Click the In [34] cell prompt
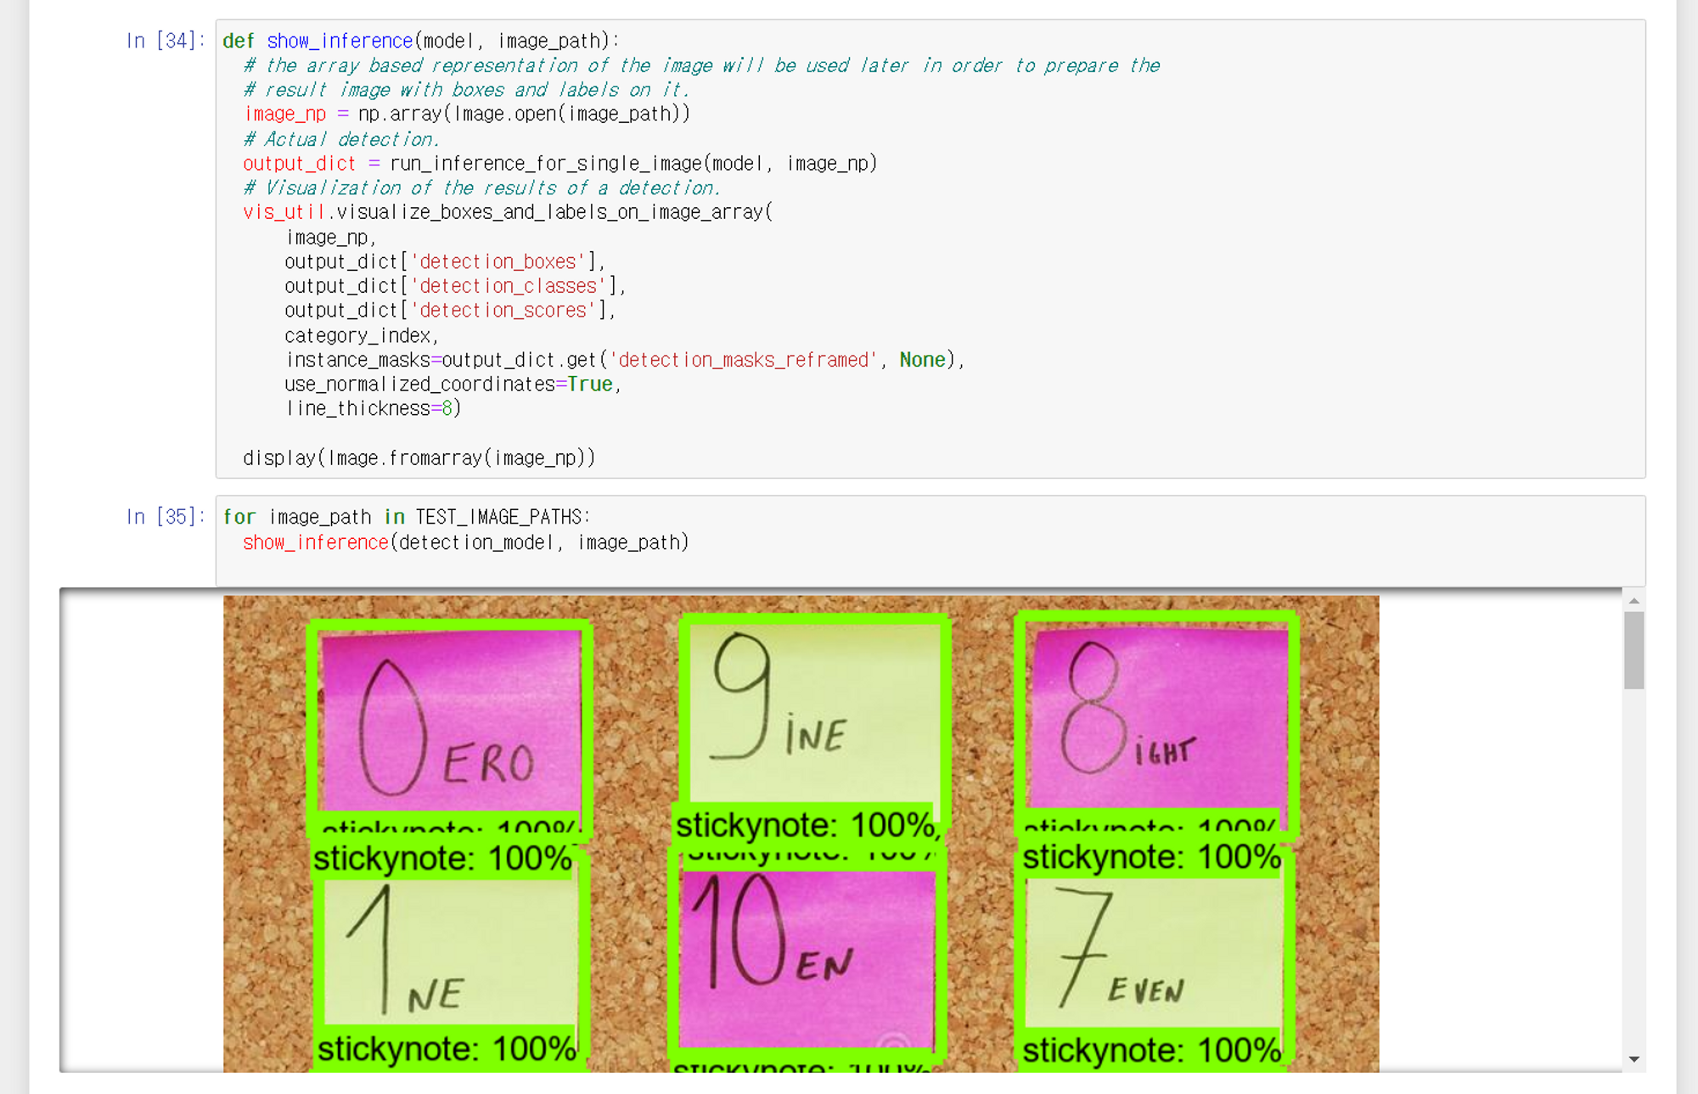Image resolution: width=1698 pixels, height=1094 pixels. (x=165, y=41)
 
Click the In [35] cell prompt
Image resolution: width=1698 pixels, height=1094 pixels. (x=165, y=517)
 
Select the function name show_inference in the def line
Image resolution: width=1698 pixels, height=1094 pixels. (x=340, y=41)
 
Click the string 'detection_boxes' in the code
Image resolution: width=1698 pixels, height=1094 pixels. (x=498, y=261)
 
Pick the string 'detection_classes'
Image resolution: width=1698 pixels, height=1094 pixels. (x=509, y=286)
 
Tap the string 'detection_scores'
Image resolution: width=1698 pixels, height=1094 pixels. (x=503, y=311)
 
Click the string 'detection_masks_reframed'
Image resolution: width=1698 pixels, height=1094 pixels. (x=743, y=360)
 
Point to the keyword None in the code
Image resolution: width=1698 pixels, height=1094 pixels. (x=922, y=360)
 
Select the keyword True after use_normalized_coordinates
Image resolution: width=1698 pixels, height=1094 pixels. (x=590, y=384)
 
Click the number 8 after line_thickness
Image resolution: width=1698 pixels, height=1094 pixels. (x=447, y=409)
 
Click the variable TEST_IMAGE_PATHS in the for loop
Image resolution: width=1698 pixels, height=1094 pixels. (x=498, y=517)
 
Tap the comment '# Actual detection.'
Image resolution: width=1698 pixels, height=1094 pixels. (x=341, y=139)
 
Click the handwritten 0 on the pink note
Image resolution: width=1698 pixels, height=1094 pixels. (x=391, y=727)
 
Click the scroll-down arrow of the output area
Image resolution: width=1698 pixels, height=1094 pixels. (x=1634, y=1059)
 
